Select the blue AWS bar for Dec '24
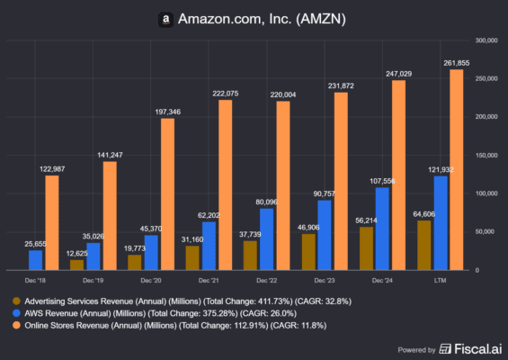pyautogui.click(x=382, y=229)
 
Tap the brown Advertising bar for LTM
pyautogui.click(x=424, y=245)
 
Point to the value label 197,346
pyautogui.click(x=168, y=111)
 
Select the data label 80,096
pyautogui.click(x=266, y=202)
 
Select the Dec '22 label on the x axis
pyautogui.click(x=266, y=281)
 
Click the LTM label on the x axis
pyautogui.click(x=440, y=281)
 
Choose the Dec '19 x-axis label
pyautogui.click(x=93, y=281)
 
